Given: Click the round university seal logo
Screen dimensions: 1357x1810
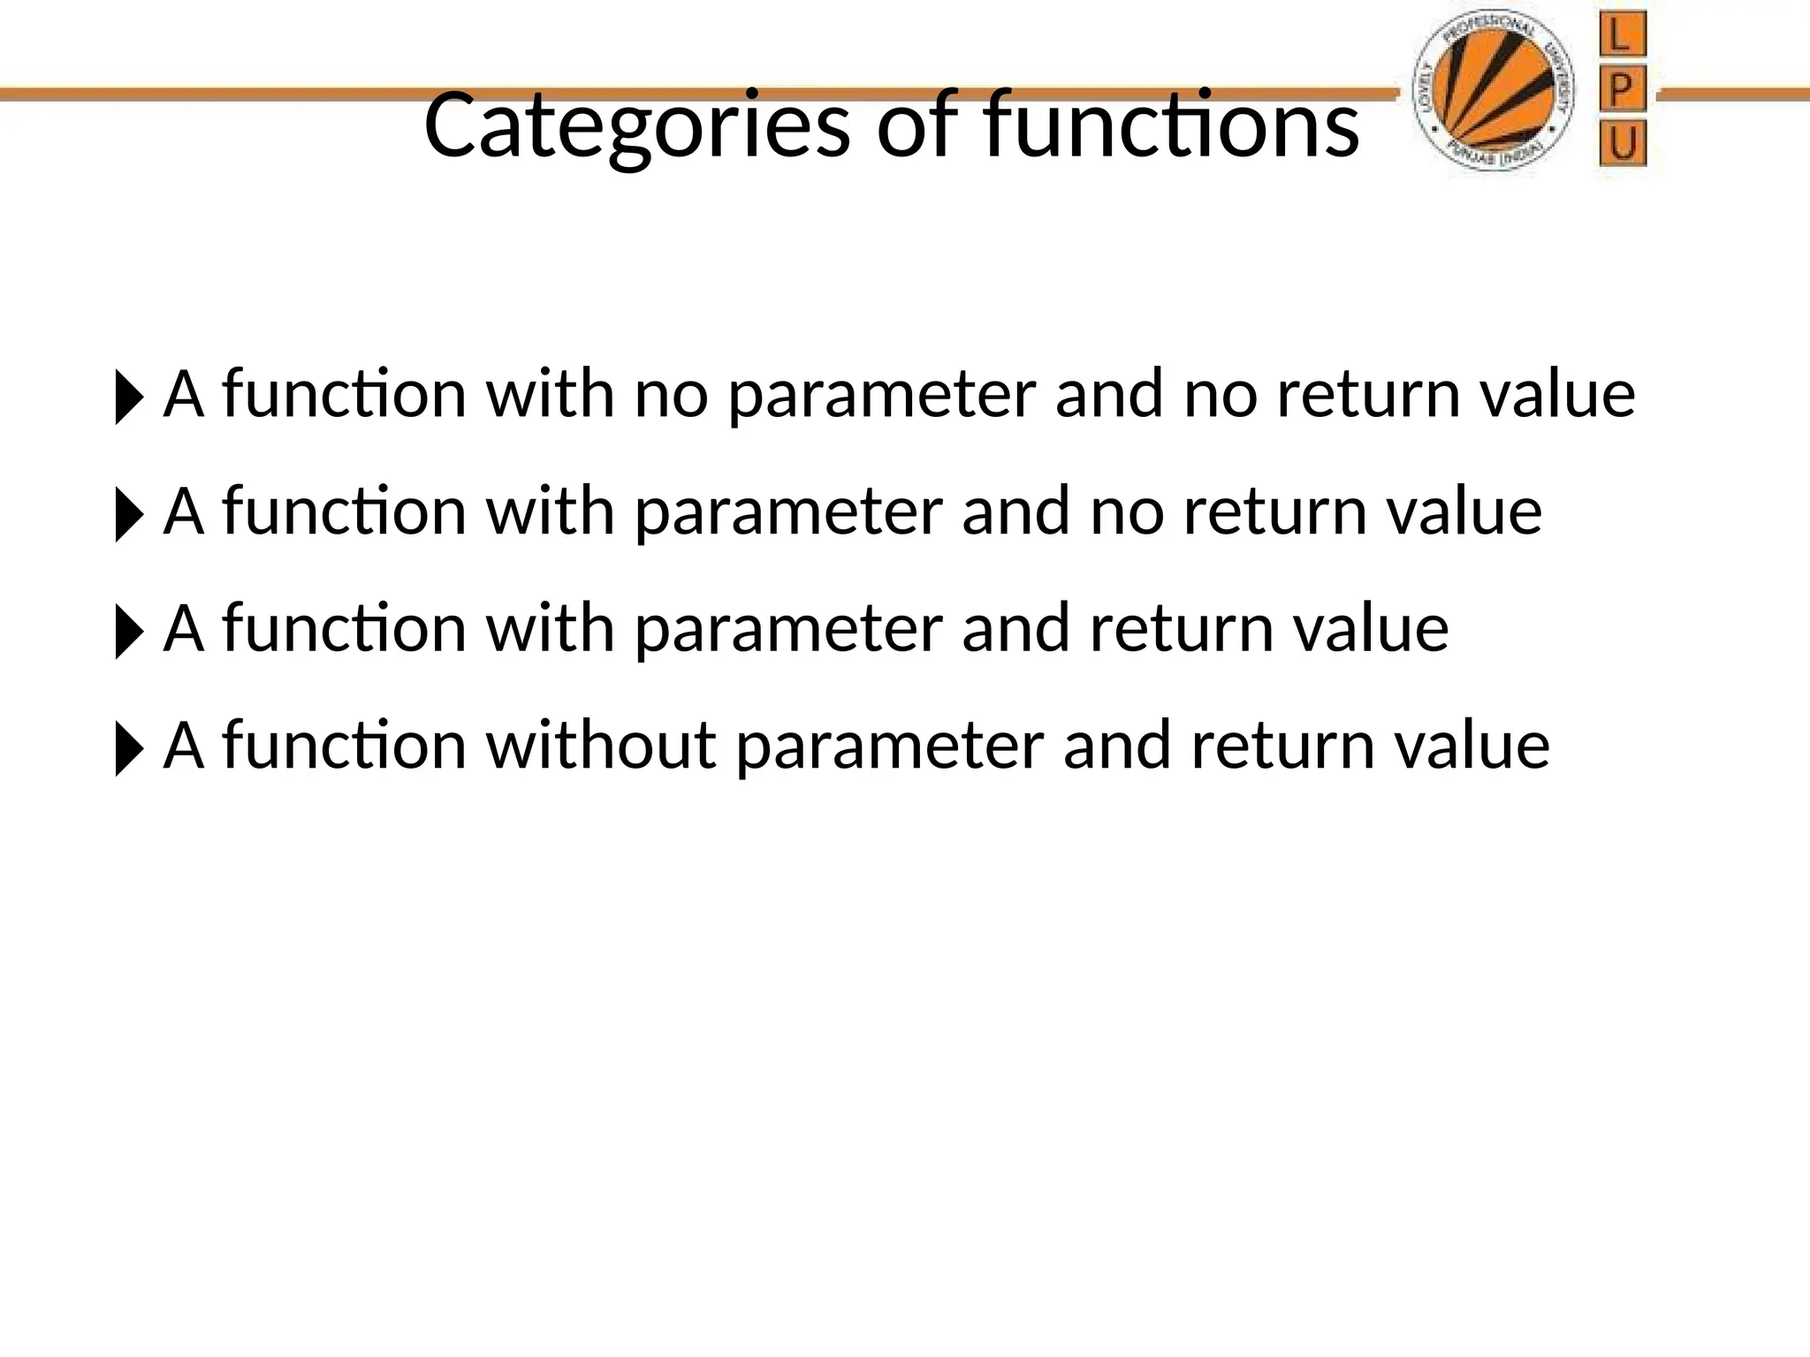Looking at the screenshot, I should coord(1494,94).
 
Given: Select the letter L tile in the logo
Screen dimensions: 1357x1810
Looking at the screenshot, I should coord(1623,37).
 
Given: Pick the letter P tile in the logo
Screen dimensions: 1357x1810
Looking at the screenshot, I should coord(1623,90).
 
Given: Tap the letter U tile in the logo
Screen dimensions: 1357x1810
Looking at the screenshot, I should coord(1623,145).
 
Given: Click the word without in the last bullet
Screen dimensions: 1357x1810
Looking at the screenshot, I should coord(601,746).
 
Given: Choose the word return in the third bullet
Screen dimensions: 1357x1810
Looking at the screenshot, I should coord(1182,629).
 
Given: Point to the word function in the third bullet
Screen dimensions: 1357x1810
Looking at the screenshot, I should coord(344,628).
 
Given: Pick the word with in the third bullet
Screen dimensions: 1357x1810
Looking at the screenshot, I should coord(550,628).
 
